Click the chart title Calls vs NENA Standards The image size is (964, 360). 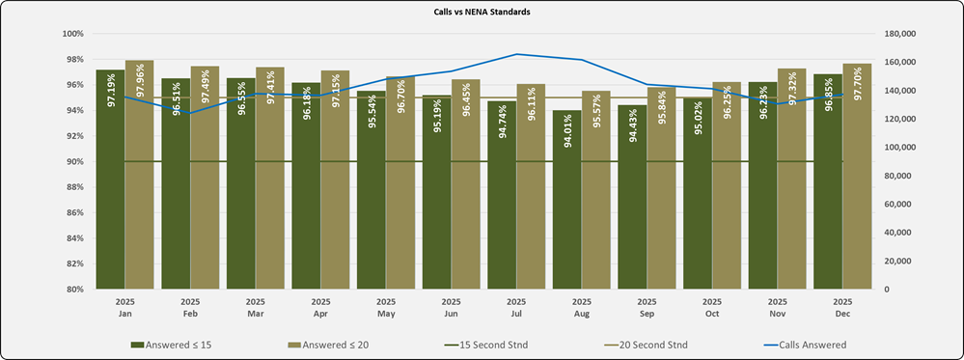point(482,13)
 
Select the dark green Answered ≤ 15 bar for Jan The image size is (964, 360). point(109,212)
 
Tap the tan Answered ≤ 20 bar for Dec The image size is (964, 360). point(858,212)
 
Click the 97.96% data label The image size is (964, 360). point(140,86)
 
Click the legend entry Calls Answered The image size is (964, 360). point(806,343)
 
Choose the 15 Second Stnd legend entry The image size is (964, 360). point(489,343)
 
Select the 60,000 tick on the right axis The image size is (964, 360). point(896,204)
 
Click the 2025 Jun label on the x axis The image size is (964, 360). point(451,307)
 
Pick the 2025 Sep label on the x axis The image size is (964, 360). point(647,307)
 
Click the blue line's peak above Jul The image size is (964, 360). point(516,54)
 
